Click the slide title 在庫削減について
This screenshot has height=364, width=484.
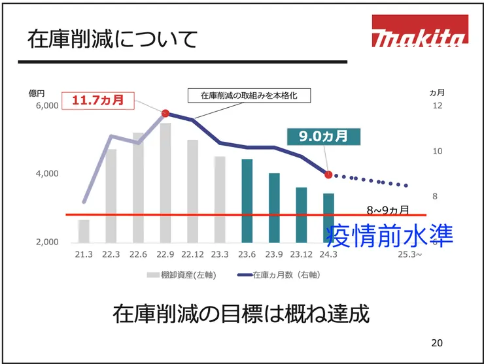(112, 39)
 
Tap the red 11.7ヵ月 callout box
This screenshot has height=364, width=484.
(97, 101)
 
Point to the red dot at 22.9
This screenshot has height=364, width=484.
(165, 113)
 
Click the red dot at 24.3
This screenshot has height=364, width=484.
(328, 174)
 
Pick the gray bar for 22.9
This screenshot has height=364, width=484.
(165, 182)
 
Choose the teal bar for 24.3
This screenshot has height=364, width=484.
(328, 217)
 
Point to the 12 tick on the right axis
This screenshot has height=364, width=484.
(438, 105)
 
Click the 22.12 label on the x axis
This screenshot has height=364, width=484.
(193, 254)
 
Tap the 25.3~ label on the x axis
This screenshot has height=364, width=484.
(410, 254)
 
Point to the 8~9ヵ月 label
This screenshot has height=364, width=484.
(388, 210)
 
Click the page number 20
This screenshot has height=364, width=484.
(437, 343)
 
